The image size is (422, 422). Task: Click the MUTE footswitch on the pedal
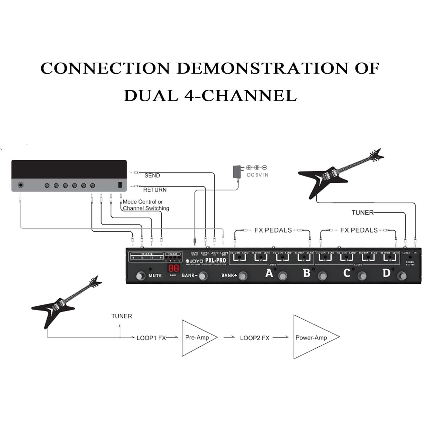(x=140, y=276)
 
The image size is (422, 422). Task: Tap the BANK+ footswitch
(x=243, y=276)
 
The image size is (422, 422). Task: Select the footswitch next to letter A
(x=283, y=276)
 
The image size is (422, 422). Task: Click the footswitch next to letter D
(x=402, y=276)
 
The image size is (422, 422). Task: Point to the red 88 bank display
(x=174, y=268)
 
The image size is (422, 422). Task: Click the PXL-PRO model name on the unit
(x=216, y=261)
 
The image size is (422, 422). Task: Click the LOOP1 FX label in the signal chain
(x=151, y=338)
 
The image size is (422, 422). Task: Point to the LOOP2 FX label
(x=255, y=338)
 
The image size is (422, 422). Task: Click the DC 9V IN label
(x=257, y=175)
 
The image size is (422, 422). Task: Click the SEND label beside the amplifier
(x=152, y=176)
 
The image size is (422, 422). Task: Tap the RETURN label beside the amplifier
(x=155, y=190)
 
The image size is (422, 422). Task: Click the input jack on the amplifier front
(x=21, y=185)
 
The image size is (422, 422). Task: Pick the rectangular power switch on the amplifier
(x=120, y=185)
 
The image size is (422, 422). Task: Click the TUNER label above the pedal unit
(x=362, y=212)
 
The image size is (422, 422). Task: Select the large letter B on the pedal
(x=306, y=273)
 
